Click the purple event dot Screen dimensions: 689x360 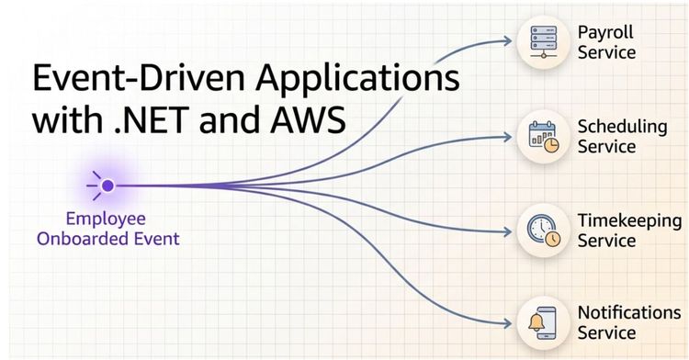(x=107, y=186)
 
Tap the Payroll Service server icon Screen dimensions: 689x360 (x=544, y=41)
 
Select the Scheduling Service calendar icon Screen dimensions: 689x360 (x=544, y=137)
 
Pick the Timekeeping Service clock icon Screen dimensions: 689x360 (x=544, y=231)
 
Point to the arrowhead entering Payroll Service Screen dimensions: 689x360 (x=508, y=41)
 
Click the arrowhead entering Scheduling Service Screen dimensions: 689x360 (x=508, y=137)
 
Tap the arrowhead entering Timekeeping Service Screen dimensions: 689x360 (x=508, y=231)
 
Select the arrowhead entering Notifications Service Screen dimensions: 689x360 (x=508, y=324)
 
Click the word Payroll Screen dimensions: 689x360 (x=605, y=33)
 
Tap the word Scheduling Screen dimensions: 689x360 (x=622, y=128)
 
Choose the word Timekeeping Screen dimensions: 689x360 (x=629, y=221)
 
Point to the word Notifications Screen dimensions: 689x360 (x=629, y=312)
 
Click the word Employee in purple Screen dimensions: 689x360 (x=106, y=219)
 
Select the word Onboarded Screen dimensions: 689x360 (x=81, y=239)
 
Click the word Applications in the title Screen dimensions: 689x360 (x=357, y=80)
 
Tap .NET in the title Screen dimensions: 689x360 (x=152, y=120)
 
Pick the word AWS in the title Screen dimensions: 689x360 (x=308, y=120)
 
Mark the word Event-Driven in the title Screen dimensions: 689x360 (x=139, y=78)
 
